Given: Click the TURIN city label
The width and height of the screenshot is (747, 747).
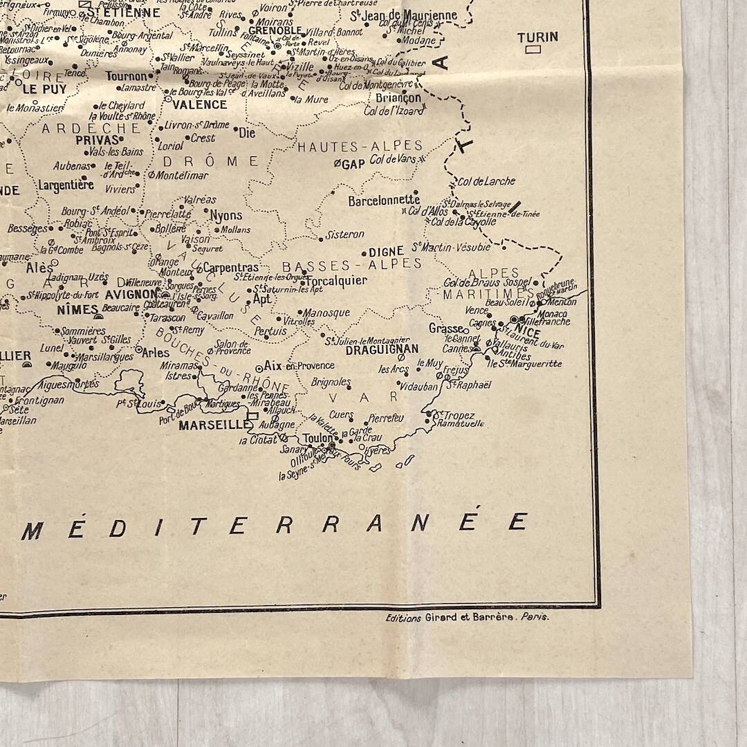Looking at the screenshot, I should click(537, 37).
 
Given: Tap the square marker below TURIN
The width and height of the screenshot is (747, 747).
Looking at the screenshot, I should click(533, 50).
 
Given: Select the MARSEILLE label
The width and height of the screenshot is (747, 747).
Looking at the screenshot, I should click(212, 425).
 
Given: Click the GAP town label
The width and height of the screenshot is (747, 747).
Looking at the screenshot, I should click(353, 164).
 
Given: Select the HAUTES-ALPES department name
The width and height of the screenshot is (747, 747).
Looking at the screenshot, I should click(360, 146).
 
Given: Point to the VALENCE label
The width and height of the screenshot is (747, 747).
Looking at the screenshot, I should click(199, 104).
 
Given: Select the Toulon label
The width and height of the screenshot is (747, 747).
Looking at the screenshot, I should click(317, 438).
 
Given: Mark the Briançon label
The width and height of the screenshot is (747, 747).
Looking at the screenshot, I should click(398, 98).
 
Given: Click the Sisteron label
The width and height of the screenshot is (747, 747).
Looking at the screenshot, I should click(344, 234).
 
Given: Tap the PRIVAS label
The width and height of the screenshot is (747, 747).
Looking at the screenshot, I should click(98, 140).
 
